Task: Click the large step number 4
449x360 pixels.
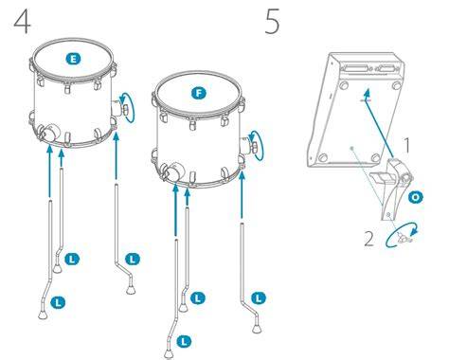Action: coord(23,21)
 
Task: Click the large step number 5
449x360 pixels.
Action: coord(272,21)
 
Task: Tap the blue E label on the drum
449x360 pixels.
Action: coord(73,59)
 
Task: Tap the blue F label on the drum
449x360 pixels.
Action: coord(199,93)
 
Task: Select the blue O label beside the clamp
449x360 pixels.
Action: coord(416,197)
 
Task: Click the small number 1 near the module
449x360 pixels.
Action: coord(407,145)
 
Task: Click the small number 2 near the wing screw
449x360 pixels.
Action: coord(368,239)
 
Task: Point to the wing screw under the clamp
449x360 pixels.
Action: coord(404,239)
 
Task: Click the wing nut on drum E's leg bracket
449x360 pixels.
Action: coord(125,109)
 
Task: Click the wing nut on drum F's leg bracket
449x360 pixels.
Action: coord(254,146)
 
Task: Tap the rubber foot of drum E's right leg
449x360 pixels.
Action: coord(131,290)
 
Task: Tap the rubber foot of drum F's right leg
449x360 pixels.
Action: coord(257,328)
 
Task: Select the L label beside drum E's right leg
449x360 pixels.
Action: coord(133,260)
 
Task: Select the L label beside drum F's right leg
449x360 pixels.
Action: coord(259,297)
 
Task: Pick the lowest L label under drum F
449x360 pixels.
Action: coord(184,341)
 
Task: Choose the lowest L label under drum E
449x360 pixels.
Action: coord(58,302)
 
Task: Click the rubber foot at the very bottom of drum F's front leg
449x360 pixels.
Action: coord(169,354)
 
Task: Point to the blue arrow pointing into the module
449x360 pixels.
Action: coord(380,123)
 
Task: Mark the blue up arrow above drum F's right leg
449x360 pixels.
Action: coord(242,194)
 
